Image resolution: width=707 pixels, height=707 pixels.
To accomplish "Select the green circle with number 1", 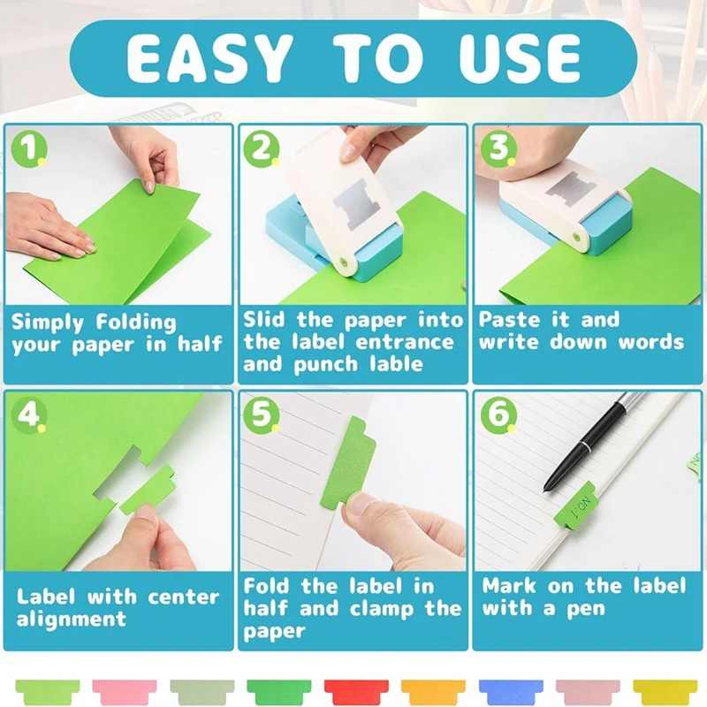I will tap(28, 148).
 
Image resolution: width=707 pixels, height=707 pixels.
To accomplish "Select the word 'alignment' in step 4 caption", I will tap(71, 619).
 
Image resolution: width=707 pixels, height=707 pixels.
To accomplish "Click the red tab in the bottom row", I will tap(355, 690).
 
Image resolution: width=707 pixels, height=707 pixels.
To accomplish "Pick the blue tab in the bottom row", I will tap(510, 690).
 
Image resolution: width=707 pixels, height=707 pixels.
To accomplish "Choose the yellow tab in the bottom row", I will tap(665, 690).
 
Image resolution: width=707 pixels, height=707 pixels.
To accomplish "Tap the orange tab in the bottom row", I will tap(433, 690).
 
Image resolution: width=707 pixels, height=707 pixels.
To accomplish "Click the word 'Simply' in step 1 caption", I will tap(49, 322).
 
